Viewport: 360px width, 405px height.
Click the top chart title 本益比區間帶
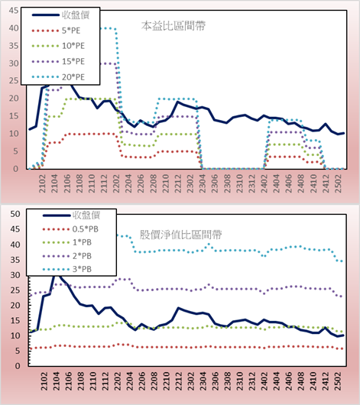174,26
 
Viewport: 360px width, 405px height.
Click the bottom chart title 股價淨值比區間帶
180,235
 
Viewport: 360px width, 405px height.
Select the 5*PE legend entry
56,31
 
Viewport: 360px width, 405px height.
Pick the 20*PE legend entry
58,77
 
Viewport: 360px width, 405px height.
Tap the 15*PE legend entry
58,61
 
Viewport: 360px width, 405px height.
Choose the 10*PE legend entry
58,46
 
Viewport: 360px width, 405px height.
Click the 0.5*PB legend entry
70,229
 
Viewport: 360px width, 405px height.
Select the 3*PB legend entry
67,269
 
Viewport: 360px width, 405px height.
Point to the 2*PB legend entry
67,256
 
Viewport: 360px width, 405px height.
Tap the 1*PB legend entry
67,242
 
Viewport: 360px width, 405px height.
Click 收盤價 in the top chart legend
60,15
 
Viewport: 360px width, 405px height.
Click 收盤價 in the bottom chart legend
71,215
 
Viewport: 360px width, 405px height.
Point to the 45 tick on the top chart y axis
14,11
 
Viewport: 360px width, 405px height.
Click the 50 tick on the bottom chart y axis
15,214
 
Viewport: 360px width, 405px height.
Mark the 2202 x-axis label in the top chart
116,183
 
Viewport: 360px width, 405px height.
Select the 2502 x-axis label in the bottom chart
338,381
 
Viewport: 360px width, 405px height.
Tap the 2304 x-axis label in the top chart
203,183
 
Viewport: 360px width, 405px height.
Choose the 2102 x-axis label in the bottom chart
44,381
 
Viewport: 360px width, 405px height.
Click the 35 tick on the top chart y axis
14,46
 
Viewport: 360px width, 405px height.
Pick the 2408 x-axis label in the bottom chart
301,381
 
